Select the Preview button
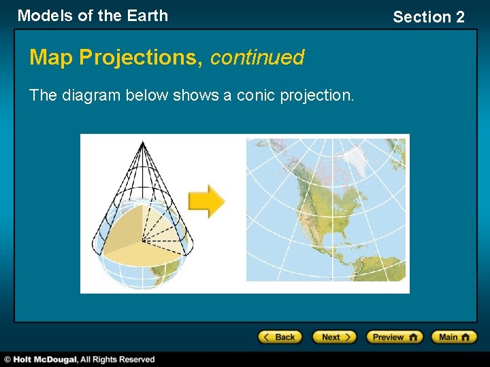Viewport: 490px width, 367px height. click(394, 337)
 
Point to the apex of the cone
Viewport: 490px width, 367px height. click(142, 141)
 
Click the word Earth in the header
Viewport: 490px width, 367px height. click(146, 16)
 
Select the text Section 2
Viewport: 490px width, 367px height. click(428, 17)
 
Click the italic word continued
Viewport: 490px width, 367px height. click(257, 58)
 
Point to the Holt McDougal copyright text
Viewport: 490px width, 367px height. click(80, 359)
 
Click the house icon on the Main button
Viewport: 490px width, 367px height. click(468, 337)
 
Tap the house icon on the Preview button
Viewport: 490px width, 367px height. click(413, 337)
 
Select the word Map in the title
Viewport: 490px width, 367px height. click(52, 58)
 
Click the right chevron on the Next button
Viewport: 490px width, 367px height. click(348, 337)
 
